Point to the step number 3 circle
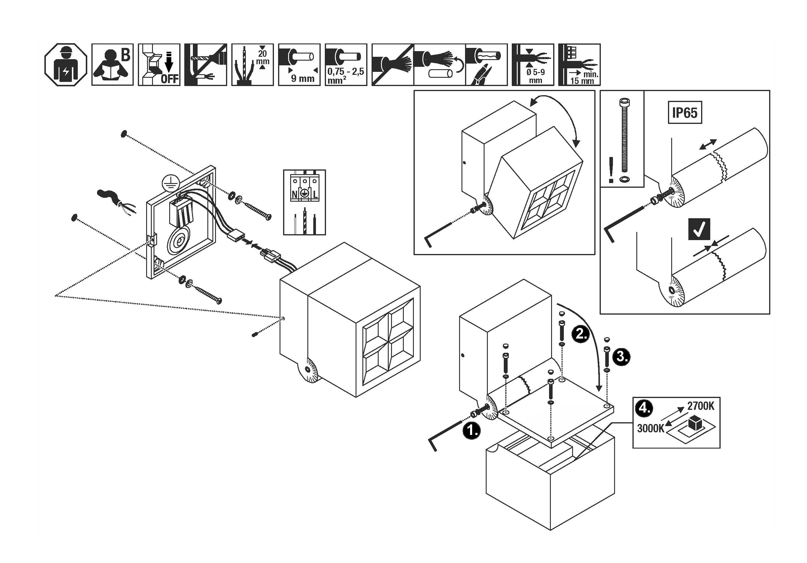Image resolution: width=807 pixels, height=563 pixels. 621,357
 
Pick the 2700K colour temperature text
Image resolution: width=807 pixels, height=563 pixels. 701,406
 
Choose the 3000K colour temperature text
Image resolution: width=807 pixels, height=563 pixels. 651,428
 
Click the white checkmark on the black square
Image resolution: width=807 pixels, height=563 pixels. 699,229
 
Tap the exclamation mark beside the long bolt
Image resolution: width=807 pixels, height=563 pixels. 611,170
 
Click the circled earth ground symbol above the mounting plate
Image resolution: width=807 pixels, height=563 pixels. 171,183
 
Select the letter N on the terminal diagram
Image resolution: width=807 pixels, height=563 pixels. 295,194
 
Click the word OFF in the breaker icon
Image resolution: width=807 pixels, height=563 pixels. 170,79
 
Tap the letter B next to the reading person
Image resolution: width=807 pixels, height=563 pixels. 125,54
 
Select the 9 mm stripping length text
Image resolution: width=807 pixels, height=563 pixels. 302,78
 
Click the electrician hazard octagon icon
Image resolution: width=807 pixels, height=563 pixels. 66,65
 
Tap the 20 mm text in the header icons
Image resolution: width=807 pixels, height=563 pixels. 262,57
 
